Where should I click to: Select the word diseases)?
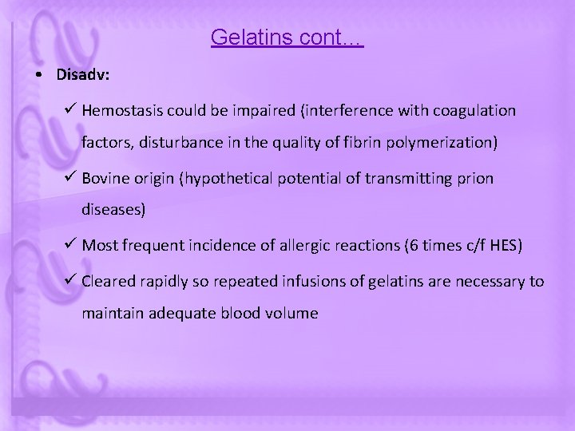[x=113, y=212]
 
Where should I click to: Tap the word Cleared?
[x=109, y=281]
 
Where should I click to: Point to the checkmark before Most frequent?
[x=69, y=245]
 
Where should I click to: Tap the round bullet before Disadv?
[x=39, y=76]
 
